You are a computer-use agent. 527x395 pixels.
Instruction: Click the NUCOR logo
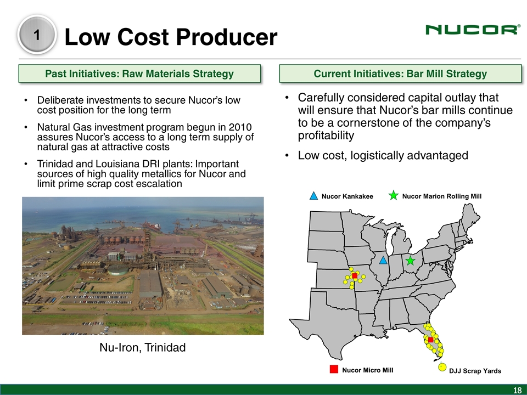473,30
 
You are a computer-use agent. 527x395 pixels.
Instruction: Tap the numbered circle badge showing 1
37,35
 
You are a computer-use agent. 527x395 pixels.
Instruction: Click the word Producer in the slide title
227,37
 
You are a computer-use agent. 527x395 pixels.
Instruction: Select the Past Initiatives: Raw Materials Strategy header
139,74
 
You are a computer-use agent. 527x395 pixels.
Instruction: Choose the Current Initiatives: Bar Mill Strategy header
400,74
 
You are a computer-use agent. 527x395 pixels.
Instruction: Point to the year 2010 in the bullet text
240,127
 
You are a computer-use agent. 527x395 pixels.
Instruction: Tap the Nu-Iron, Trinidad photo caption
143,347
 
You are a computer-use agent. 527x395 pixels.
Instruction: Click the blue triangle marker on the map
383,260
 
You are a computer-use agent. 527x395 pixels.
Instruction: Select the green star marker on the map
410,261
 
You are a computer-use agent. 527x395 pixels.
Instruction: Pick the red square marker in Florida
430,340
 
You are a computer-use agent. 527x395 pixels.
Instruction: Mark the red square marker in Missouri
355,276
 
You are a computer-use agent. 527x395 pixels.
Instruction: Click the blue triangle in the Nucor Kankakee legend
313,196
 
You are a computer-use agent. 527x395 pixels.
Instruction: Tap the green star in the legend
393,195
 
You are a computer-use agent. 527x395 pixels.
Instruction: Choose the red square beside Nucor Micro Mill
334,369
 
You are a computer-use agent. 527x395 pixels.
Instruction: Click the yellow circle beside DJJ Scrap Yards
442,367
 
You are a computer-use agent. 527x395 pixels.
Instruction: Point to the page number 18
517,390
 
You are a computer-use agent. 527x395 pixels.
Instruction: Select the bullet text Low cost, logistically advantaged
383,155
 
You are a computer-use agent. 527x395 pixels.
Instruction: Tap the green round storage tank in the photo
118,270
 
